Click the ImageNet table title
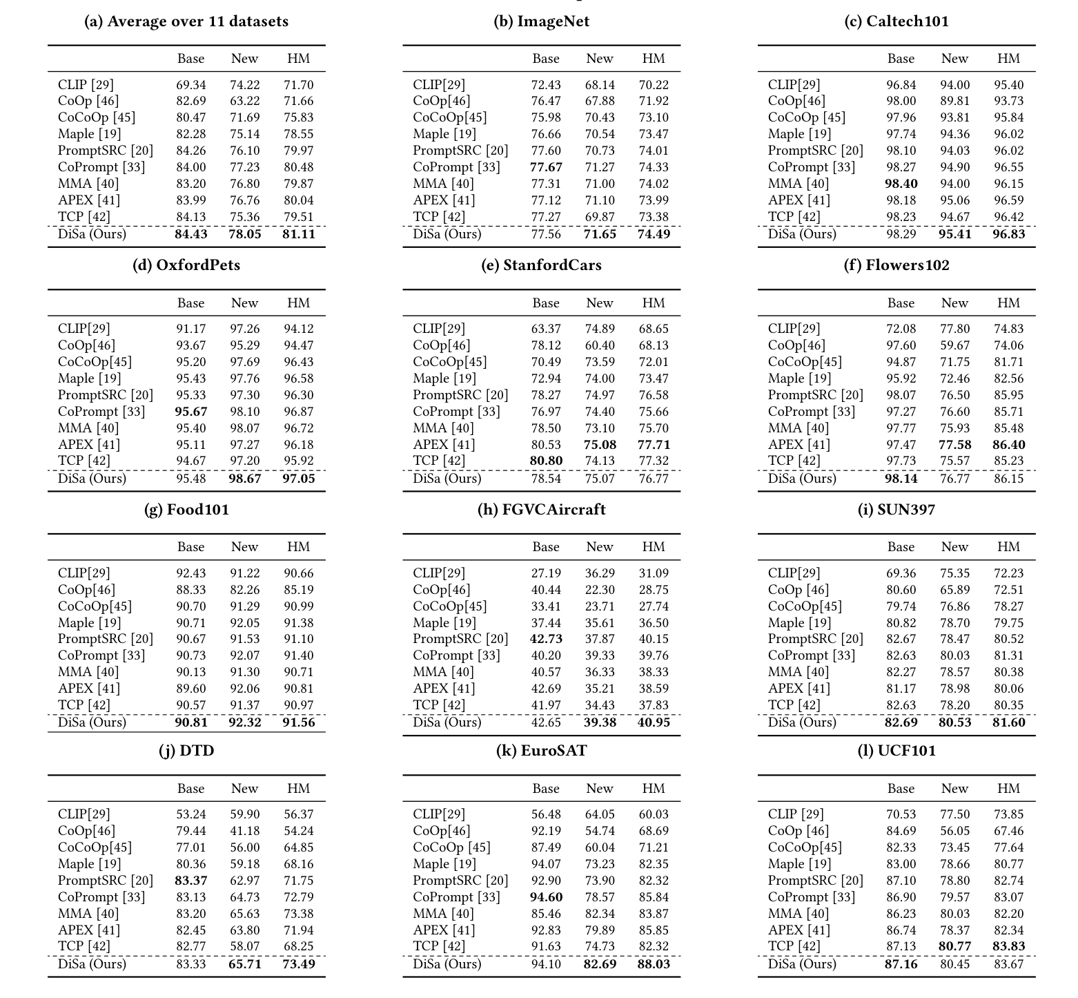542,21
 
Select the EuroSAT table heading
542,751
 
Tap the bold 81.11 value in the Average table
299,234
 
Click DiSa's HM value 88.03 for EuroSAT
654,964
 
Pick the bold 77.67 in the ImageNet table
546,167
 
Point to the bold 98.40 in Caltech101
901,184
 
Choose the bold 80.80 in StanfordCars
546,461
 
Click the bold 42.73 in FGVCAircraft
546,639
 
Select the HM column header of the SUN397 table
1008,547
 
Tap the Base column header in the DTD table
190,789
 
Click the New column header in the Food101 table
244,547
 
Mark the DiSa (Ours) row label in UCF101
802,964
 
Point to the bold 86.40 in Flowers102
1008,445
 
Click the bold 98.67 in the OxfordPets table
244,479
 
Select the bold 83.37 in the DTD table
190,881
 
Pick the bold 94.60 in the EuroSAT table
546,897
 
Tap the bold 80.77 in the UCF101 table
954,947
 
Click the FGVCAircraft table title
542,510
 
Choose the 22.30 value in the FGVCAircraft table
600,590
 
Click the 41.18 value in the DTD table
244,831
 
